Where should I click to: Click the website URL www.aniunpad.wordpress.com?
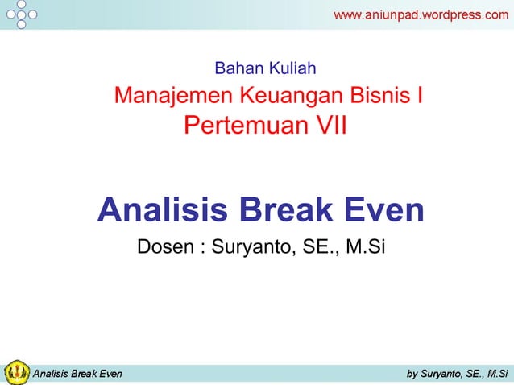421,14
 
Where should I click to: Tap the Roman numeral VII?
330,126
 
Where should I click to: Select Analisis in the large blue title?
160,210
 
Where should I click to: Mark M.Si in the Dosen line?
366,246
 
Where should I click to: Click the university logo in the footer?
17,372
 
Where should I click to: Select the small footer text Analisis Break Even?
77,373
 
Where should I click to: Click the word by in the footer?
412,373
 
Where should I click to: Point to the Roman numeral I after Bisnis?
421,96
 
